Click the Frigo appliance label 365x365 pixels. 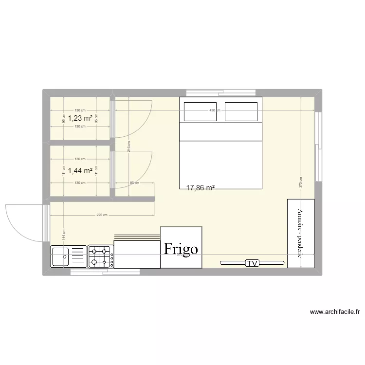[181, 249]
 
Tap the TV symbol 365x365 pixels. [252, 263]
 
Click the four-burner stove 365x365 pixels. [100, 256]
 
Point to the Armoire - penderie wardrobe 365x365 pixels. [300, 233]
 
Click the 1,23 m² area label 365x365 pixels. [80, 118]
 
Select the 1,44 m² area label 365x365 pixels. [80, 170]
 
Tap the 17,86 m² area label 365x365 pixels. [201, 187]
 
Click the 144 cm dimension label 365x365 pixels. [63, 234]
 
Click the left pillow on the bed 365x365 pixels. [200, 111]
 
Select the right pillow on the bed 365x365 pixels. [241, 111]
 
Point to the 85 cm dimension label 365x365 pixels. [135, 183]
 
